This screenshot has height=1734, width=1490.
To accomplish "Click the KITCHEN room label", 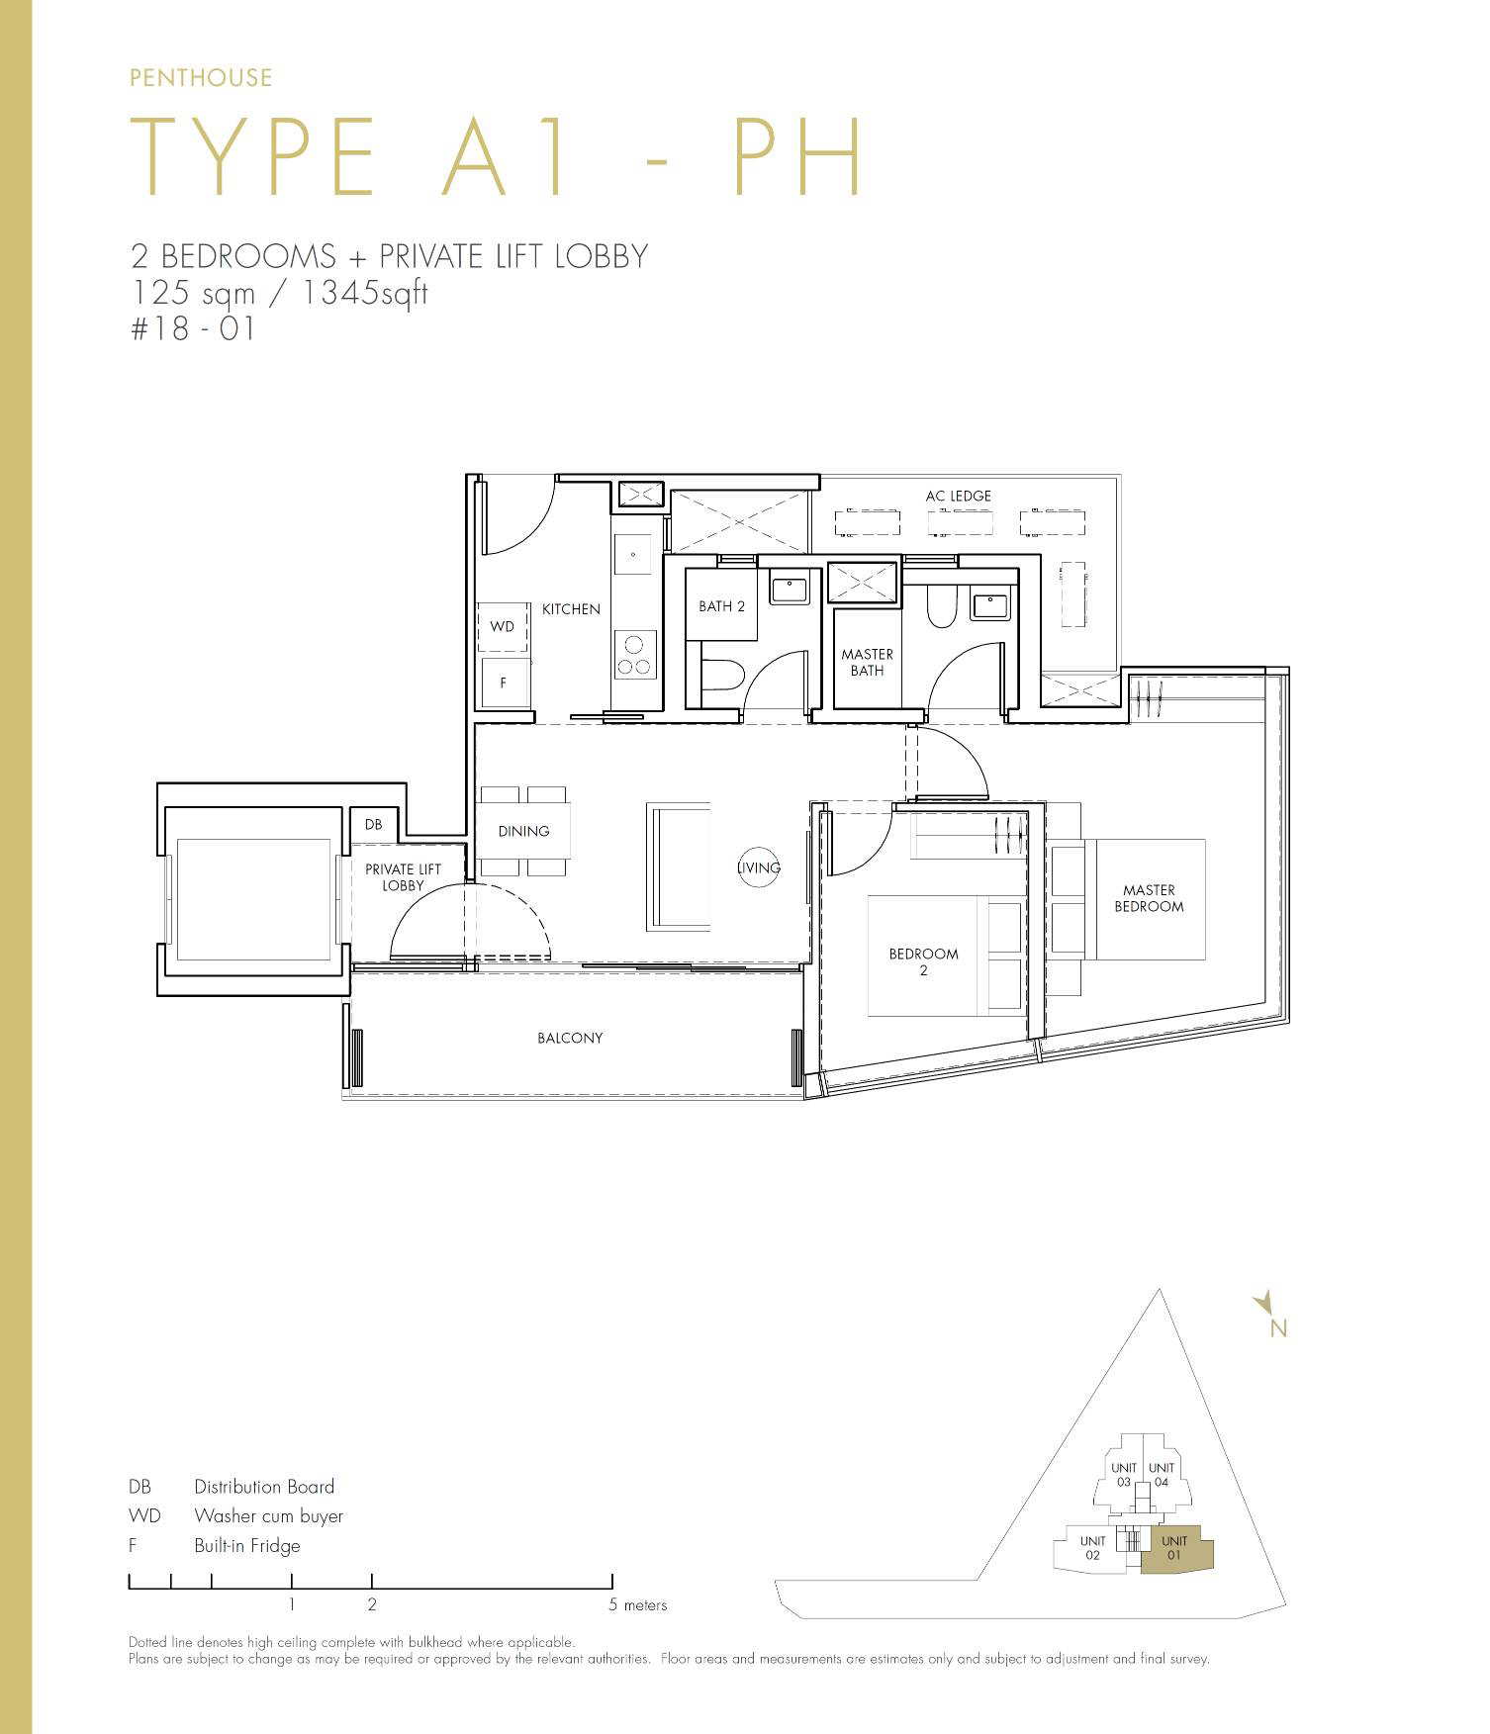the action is click(x=571, y=609).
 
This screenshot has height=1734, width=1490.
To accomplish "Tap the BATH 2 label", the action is click(x=721, y=606).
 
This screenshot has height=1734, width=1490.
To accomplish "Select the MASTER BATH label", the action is click(x=867, y=662).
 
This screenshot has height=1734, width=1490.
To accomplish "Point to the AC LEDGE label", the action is click(x=958, y=496).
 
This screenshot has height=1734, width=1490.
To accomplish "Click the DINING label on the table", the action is click(x=523, y=831).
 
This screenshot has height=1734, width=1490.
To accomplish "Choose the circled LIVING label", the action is click(x=759, y=867).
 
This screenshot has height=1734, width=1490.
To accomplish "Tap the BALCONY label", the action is click(x=570, y=1038).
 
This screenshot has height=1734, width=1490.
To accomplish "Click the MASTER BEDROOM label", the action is click(x=1149, y=898).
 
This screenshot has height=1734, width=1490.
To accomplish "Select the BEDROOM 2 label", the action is click(x=923, y=961).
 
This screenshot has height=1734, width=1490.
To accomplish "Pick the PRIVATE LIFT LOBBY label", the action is click(x=403, y=877).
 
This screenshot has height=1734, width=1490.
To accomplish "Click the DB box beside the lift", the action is click(x=374, y=825).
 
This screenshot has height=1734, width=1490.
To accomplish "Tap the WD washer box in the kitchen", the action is click(x=503, y=627).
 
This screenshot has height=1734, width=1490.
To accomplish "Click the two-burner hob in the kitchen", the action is click(x=634, y=655).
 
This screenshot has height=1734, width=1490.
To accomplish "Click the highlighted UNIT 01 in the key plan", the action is click(x=1175, y=1548).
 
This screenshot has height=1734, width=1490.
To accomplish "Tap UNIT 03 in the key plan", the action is click(x=1123, y=1475).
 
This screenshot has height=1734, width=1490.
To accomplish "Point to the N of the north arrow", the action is click(x=1278, y=1329).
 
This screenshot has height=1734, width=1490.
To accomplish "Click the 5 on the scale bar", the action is click(x=612, y=1605).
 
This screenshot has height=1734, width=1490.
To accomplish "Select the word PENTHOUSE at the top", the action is click(x=201, y=78).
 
